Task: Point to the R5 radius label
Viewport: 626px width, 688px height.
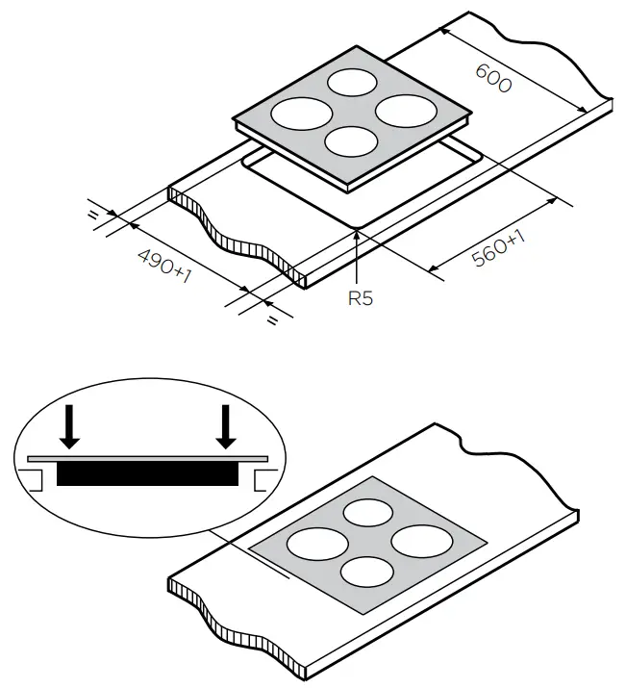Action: click(360, 298)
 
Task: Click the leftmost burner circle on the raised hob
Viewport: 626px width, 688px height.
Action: click(294, 113)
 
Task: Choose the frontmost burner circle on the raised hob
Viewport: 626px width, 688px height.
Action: click(350, 140)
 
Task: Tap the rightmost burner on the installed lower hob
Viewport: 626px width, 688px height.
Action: click(417, 541)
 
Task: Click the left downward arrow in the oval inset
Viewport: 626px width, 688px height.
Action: click(68, 427)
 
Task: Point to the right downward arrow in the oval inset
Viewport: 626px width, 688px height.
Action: click(226, 427)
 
